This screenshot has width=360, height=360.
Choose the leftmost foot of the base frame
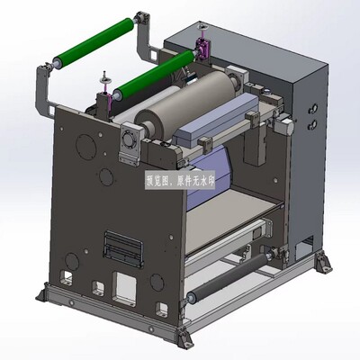(x=45, y=293)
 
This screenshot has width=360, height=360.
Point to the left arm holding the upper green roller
(x=41, y=85)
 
